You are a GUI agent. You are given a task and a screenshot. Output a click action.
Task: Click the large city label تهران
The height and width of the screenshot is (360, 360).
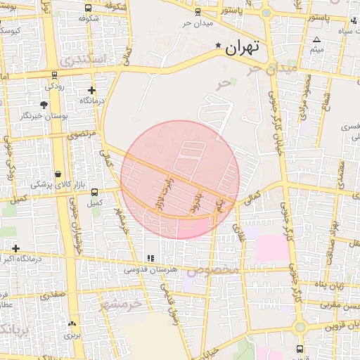(x=243, y=49)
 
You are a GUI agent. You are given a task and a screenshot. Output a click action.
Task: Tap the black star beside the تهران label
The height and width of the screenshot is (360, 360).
(x=218, y=46)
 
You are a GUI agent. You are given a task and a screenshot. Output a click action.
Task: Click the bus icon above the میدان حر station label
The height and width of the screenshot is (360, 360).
(x=197, y=11)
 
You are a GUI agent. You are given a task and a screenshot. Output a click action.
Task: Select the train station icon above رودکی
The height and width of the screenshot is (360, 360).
(x=54, y=75)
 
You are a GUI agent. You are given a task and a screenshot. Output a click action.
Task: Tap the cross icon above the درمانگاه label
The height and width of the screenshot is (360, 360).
(x=91, y=91)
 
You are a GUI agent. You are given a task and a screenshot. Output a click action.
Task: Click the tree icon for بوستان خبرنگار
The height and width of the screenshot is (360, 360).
(x=44, y=105)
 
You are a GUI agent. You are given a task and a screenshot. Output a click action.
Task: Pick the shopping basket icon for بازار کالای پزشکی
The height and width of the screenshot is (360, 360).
(x=57, y=174)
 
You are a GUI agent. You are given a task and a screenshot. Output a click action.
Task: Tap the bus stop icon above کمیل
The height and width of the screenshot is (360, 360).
(x=95, y=192)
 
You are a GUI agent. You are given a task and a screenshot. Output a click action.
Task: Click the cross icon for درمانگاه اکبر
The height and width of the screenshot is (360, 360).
(x=15, y=248)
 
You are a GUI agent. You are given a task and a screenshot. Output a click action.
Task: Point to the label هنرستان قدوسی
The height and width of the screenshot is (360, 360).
(x=150, y=269)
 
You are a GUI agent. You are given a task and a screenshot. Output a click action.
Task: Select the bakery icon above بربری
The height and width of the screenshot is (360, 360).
(x=72, y=324)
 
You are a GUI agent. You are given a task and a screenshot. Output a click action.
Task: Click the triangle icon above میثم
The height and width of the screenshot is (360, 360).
(x=317, y=39)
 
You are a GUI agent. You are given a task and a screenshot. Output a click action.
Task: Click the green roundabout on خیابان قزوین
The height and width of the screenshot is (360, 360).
(x=300, y=326)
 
